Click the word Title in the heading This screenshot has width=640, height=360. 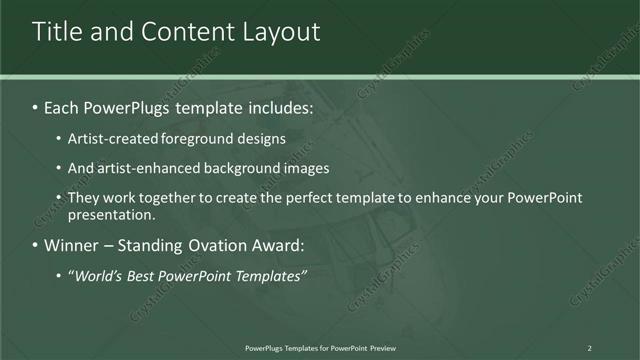(59, 32)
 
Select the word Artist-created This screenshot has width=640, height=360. (116, 139)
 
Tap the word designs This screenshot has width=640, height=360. (263, 139)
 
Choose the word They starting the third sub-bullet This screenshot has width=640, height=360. (83, 198)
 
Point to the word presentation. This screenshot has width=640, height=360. (111, 214)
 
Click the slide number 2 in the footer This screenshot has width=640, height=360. (589, 347)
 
